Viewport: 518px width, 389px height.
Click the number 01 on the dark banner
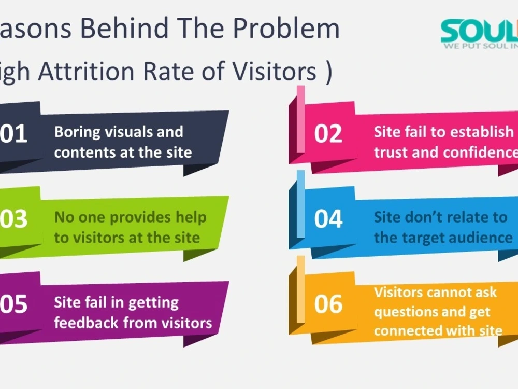click(14, 134)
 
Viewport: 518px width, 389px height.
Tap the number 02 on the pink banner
click(328, 134)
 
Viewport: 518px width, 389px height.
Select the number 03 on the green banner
click(14, 219)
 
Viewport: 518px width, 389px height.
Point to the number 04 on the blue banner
click(328, 219)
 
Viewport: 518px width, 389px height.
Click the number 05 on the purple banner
click(14, 304)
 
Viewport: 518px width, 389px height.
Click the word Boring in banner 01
click(77, 132)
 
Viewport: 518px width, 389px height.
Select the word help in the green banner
click(191, 217)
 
